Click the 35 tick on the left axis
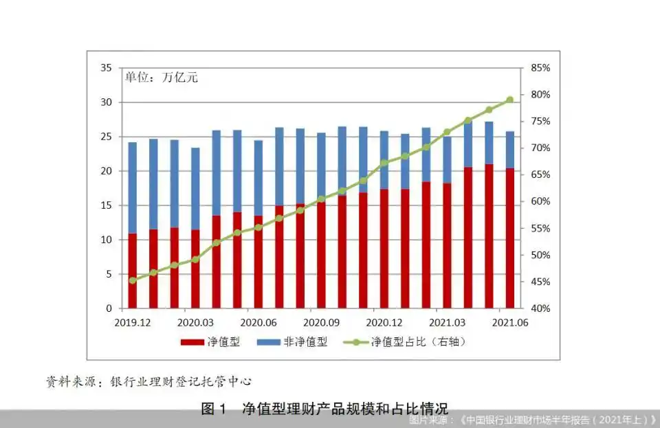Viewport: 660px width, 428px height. tap(106, 68)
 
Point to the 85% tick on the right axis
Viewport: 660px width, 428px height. tap(540, 68)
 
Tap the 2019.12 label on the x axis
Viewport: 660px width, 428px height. tap(133, 322)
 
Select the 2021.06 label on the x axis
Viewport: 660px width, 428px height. tap(509, 322)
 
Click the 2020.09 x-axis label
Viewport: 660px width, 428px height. tap(321, 322)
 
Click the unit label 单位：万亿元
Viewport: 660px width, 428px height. tap(161, 78)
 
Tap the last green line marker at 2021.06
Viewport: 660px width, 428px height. tap(509, 100)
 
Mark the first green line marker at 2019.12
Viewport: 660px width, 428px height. tap(133, 280)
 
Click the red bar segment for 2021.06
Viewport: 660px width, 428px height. tap(509, 238)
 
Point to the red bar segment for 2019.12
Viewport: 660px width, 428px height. tap(133, 271)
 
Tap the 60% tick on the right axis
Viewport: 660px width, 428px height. tap(540, 201)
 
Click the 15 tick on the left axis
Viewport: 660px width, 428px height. tap(106, 205)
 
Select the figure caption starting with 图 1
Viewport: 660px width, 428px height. tap(324, 409)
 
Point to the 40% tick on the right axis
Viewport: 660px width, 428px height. tap(540, 308)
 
